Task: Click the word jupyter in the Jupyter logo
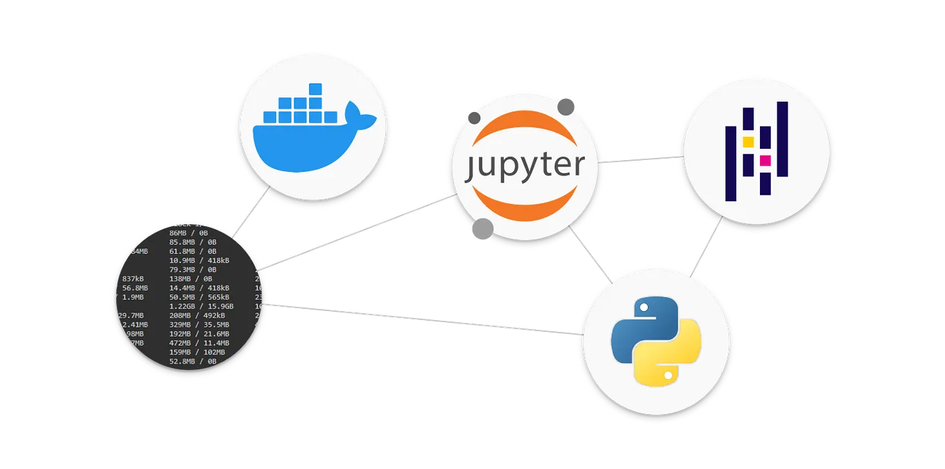525,167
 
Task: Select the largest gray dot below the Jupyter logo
482,229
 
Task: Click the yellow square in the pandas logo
749,142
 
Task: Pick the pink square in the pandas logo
765,161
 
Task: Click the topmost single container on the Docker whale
315,89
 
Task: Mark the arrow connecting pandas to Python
706,248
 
